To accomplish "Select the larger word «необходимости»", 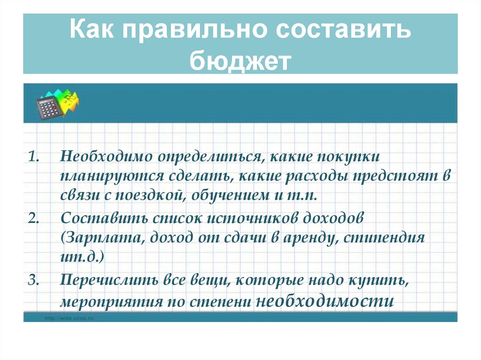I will click(324, 301).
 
